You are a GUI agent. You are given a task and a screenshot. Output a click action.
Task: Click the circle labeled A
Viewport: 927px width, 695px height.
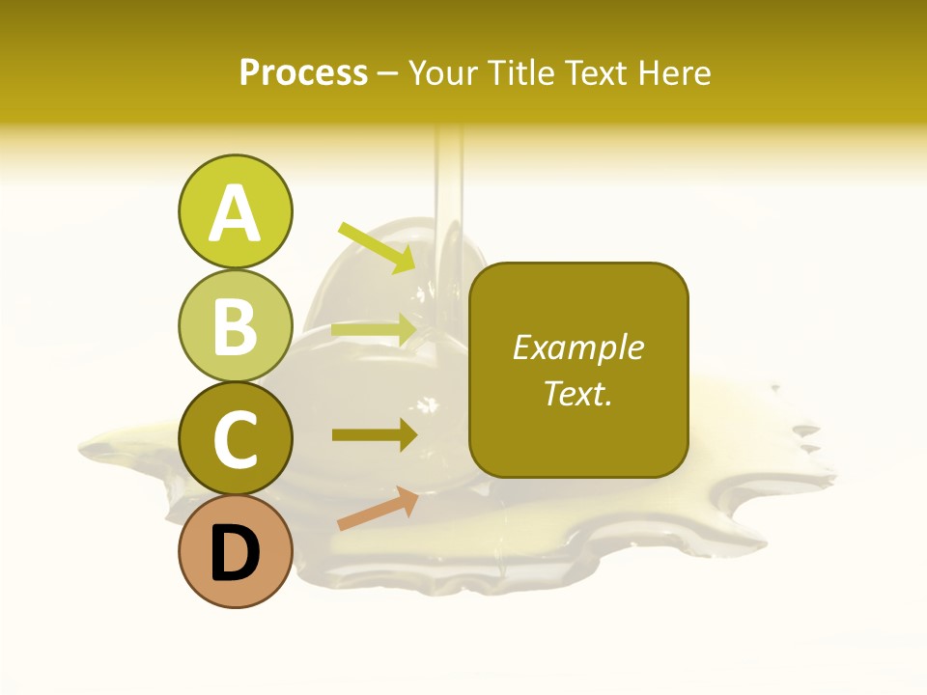235,211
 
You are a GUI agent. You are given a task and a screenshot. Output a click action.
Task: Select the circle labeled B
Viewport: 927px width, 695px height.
235,325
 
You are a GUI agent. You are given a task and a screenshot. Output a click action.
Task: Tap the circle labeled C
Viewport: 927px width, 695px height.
235,439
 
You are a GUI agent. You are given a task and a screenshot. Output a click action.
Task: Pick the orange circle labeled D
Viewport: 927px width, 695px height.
235,552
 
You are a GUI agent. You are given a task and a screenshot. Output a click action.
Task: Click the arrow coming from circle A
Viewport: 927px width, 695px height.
377,247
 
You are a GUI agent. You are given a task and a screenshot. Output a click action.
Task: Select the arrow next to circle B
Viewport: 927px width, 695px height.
375,329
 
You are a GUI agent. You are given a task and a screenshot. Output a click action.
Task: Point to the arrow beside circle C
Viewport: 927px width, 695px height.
375,435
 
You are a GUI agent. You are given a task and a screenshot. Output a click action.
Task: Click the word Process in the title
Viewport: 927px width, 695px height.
303,73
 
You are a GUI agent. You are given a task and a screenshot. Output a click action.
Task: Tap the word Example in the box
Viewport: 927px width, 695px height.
577,347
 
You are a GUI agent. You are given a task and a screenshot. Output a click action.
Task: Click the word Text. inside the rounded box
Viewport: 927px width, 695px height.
577,393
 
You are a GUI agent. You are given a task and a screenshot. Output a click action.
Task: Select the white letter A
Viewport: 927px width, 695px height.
235,213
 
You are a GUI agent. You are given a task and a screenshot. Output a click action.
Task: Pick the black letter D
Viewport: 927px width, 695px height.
235,554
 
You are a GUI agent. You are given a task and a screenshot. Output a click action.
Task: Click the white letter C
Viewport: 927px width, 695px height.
235,440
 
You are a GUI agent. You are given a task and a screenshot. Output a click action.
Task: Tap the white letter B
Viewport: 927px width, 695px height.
235,326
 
